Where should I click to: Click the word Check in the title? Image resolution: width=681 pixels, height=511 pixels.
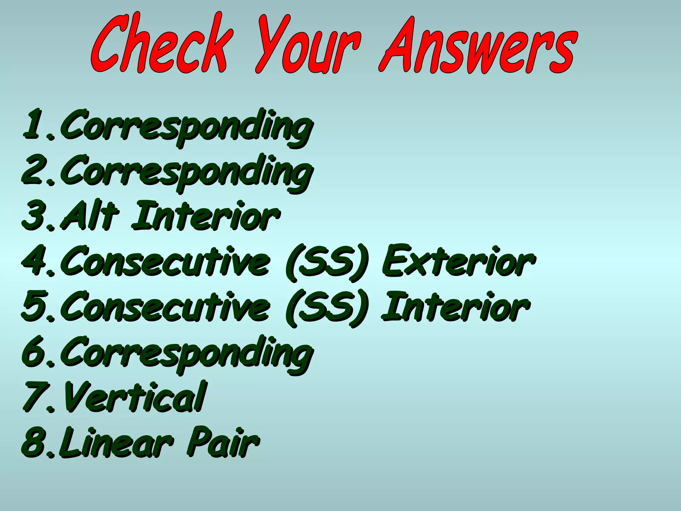pyautogui.click(x=160, y=45)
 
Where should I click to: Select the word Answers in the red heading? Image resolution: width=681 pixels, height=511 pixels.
pyautogui.click(x=477, y=45)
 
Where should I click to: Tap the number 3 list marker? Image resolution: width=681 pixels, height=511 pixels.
pyautogui.click(x=33, y=216)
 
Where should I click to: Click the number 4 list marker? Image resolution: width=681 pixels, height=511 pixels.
pyautogui.click(x=33, y=261)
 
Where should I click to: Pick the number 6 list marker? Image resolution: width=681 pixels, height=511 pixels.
pyautogui.click(x=33, y=353)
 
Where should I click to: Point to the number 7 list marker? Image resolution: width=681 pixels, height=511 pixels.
pyautogui.click(x=33, y=398)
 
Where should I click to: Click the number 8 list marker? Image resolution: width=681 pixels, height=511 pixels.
pyautogui.click(x=33, y=442)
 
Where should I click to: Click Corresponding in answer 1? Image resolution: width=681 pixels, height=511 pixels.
pyautogui.click(x=186, y=126)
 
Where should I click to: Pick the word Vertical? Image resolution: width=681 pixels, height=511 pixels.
pyautogui.click(x=135, y=398)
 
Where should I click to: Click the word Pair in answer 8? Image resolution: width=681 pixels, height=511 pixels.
pyautogui.click(x=223, y=442)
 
